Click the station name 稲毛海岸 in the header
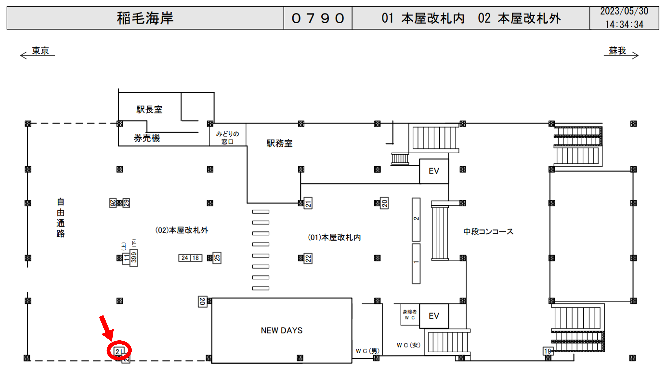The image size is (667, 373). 145,18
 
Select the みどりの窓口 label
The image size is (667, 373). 227,138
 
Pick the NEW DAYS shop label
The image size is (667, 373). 281,330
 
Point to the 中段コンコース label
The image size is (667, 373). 488,232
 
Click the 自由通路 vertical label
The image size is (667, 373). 61,218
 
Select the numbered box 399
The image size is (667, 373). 134,258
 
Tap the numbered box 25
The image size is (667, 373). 217,258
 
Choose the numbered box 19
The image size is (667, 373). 547,351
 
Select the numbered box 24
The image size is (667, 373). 185,258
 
